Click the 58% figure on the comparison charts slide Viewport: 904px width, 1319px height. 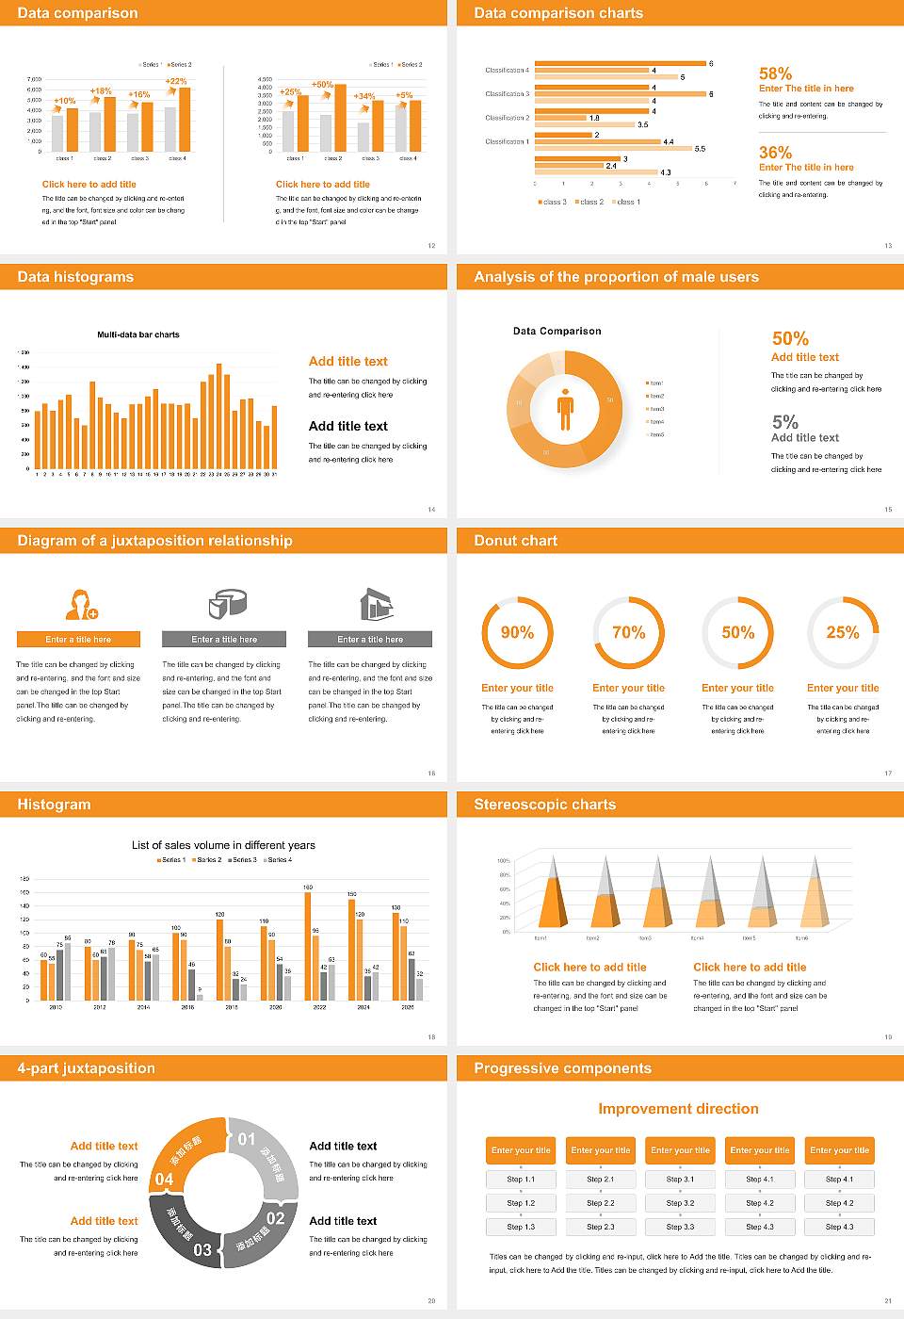775,73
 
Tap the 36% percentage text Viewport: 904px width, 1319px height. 775,153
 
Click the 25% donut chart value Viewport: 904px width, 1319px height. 842,632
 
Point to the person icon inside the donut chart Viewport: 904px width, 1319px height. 565,408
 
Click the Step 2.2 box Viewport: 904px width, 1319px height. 601,1203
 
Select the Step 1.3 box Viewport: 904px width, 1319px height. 521,1227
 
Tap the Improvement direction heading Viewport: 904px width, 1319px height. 678,1109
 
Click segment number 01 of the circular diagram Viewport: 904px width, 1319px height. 247,1139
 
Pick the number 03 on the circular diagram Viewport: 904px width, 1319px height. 202,1250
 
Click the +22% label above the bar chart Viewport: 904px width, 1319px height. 176,81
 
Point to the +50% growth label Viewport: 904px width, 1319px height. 323,84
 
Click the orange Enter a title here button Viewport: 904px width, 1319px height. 78,639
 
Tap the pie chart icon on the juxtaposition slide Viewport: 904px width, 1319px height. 226,604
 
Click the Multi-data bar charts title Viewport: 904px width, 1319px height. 138,334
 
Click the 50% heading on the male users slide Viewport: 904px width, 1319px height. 790,338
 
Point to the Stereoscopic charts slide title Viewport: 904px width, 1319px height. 544,805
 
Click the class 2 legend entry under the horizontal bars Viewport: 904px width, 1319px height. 589,202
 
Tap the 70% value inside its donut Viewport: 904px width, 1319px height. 628,632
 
